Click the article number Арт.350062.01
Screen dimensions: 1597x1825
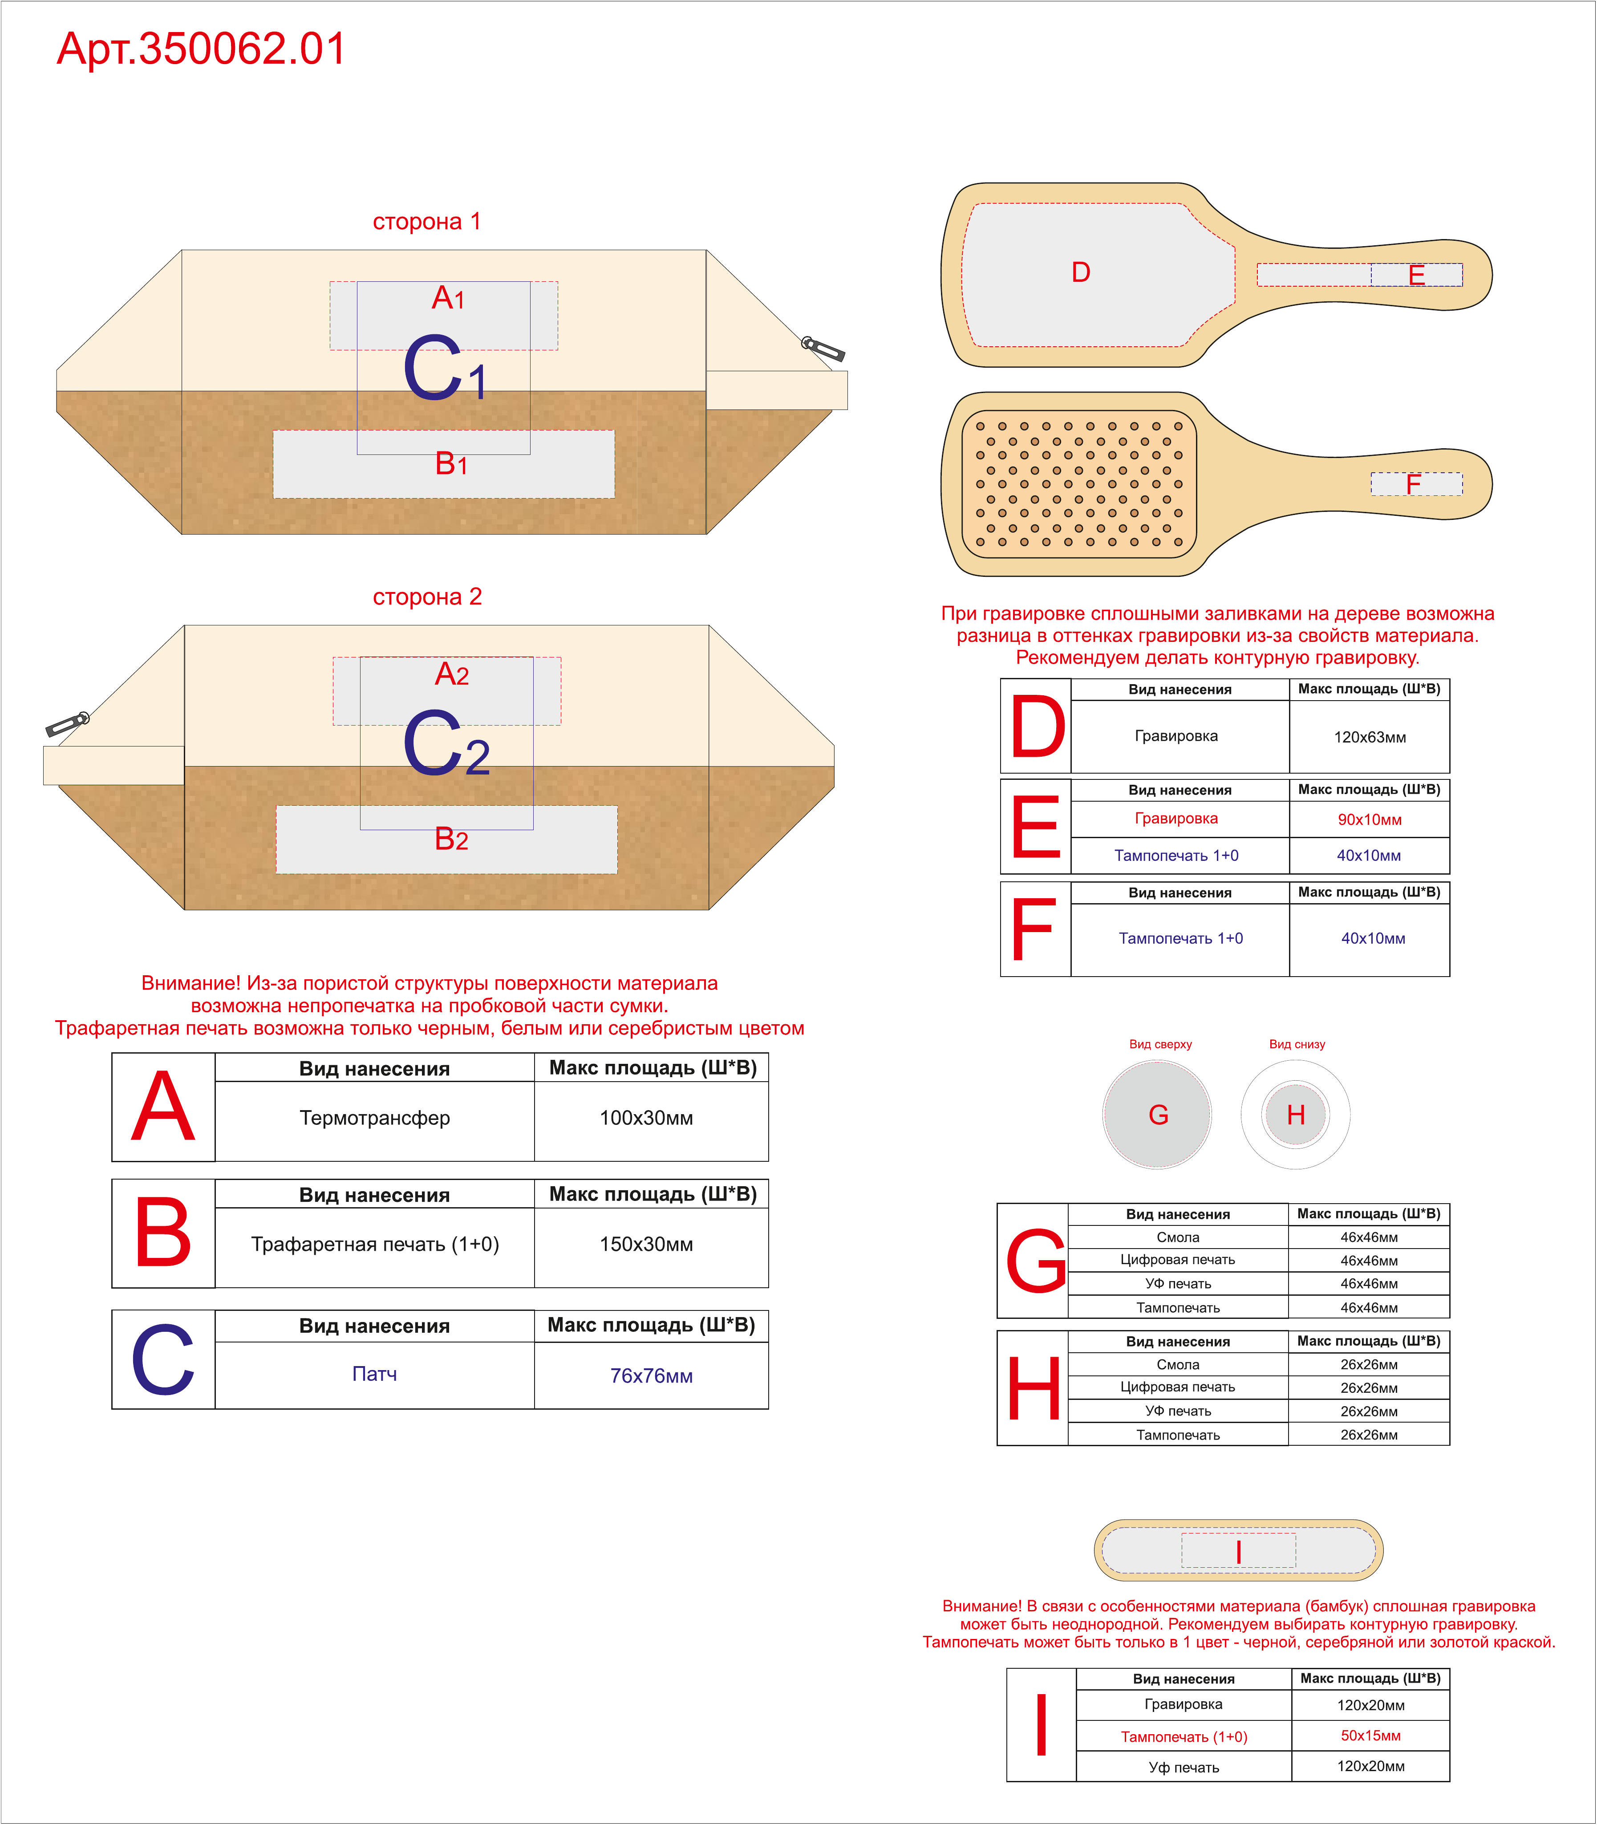(x=202, y=49)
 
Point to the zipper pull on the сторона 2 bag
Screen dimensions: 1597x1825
(x=68, y=724)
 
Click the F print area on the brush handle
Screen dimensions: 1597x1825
(x=1416, y=484)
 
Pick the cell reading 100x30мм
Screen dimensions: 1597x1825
(x=646, y=1117)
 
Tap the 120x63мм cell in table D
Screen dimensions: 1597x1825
(x=1370, y=737)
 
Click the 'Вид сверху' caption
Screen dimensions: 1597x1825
(x=1160, y=1044)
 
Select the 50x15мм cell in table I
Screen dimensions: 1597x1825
(x=1370, y=1736)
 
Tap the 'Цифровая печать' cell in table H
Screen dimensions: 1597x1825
(x=1178, y=1387)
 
